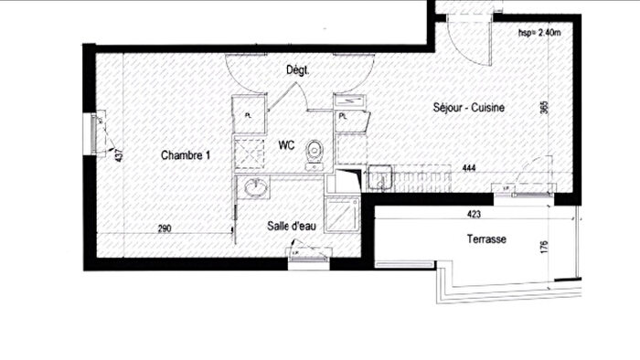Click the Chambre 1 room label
tap(186, 155)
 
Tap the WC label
tap(285, 144)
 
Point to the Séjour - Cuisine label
tap(469, 108)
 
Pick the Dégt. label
tap(297, 69)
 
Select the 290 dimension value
tap(165, 228)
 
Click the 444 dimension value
tap(469, 168)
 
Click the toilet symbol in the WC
tap(315, 154)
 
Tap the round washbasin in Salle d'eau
tap(255, 188)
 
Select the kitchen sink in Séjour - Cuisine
tap(379, 175)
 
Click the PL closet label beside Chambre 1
tap(250, 114)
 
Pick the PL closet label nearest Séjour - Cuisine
tap(343, 117)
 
